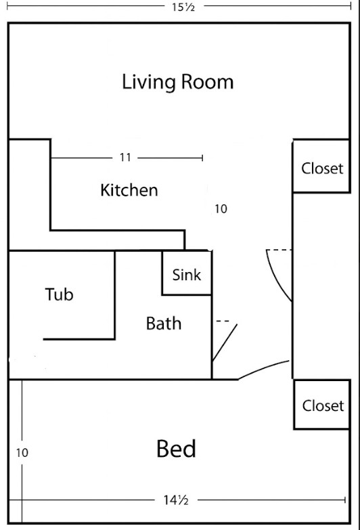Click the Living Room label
(177, 82)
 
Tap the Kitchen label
(129, 190)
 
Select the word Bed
(176, 449)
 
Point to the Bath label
(164, 324)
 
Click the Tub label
(59, 294)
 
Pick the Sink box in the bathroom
(187, 273)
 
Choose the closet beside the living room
(321, 166)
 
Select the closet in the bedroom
(322, 405)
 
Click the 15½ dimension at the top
(183, 7)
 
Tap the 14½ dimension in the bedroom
(176, 500)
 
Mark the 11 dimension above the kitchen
(125, 158)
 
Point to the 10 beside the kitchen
(221, 209)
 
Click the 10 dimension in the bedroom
(22, 453)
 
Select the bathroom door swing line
(225, 343)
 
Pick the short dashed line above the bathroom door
(223, 321)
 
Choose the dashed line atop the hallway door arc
(279, 250)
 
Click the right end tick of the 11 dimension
(202, 158)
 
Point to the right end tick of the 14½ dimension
(345, 500)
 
